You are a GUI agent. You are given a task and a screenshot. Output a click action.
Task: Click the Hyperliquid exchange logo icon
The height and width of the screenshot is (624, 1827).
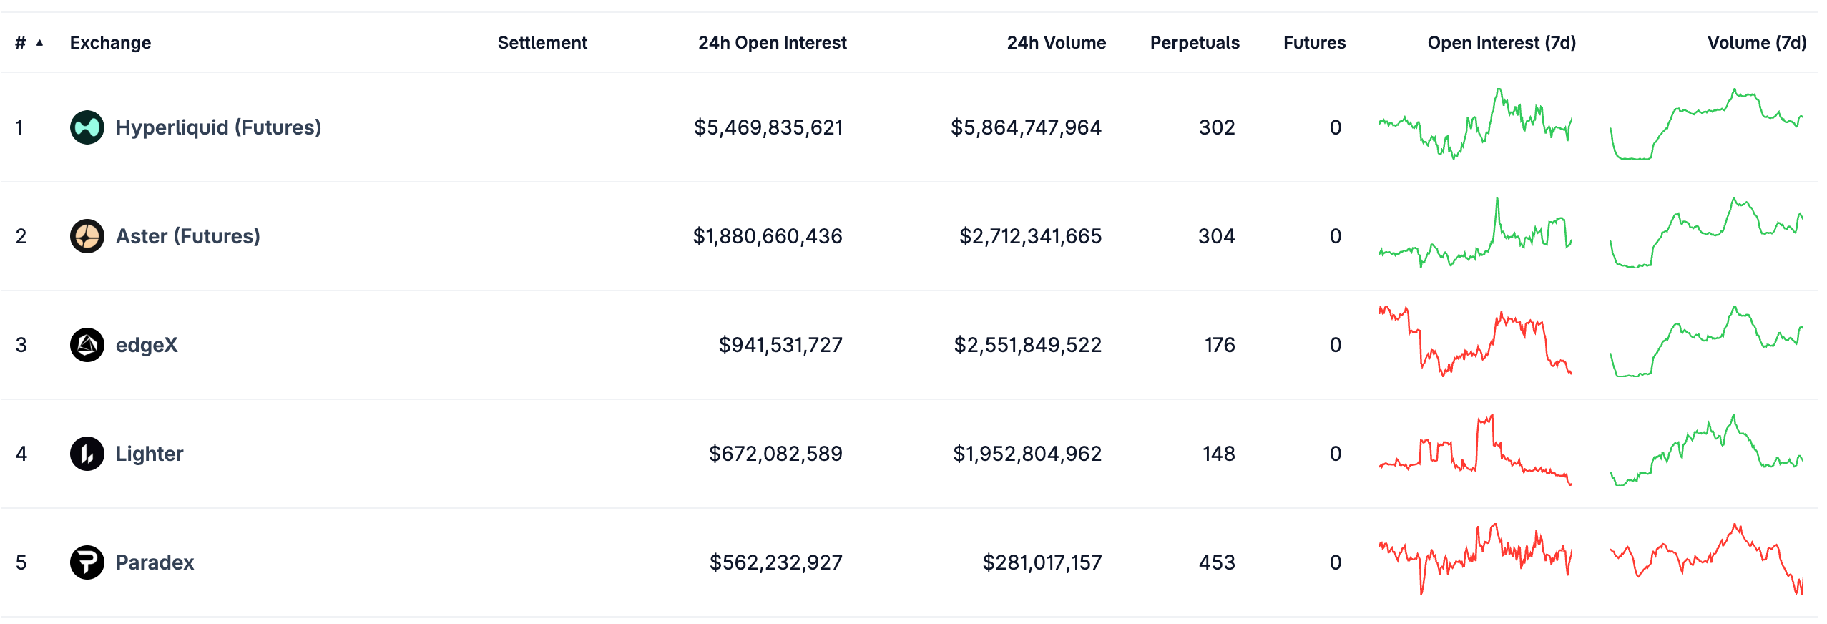(x=87, y=127)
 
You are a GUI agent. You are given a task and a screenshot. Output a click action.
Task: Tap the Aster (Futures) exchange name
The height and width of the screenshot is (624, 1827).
(x=187, y=236)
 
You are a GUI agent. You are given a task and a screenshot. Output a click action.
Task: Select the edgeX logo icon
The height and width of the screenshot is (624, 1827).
(x=87, y=345)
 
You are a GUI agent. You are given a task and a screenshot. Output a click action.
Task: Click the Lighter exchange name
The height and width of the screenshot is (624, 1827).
(x=150, y=454)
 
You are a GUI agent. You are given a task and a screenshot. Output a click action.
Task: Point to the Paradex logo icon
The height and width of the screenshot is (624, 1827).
(x=87, y=562)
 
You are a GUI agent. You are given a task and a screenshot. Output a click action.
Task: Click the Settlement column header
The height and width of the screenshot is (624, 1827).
(x=542, y=43)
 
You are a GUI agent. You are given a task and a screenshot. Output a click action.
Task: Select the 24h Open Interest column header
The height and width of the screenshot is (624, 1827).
(x=772, y=43)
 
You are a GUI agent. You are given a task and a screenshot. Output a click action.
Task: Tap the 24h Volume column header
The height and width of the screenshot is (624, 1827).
(x=1056, y=43)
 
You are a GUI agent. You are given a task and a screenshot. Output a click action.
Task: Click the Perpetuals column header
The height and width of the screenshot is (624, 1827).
(x=1195, y=43)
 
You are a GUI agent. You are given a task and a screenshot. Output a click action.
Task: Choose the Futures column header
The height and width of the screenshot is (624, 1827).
(x=1314, y=43)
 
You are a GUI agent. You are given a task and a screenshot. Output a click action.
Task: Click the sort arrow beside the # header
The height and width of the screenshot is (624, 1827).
(x=40, y=43)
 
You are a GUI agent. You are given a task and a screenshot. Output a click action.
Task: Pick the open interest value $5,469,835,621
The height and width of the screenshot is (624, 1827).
(x=768, y=127)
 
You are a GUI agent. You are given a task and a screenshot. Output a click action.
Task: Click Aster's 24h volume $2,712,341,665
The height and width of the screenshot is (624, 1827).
(x=1030, y=236)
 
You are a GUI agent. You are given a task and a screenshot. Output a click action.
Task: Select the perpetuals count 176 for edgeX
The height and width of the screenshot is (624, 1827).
(x=1220, y=345)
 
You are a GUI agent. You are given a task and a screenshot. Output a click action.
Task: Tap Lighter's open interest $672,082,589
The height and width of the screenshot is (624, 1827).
(x=775, y=454)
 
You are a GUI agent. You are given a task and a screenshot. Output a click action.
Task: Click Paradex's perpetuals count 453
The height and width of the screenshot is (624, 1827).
(x=1217, y=562)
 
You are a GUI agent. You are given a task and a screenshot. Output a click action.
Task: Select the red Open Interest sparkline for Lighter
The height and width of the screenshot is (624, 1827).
(x=1475, y=451)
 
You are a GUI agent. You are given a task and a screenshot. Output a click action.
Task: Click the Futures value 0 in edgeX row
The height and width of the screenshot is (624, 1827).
(x=1335, y=345)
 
